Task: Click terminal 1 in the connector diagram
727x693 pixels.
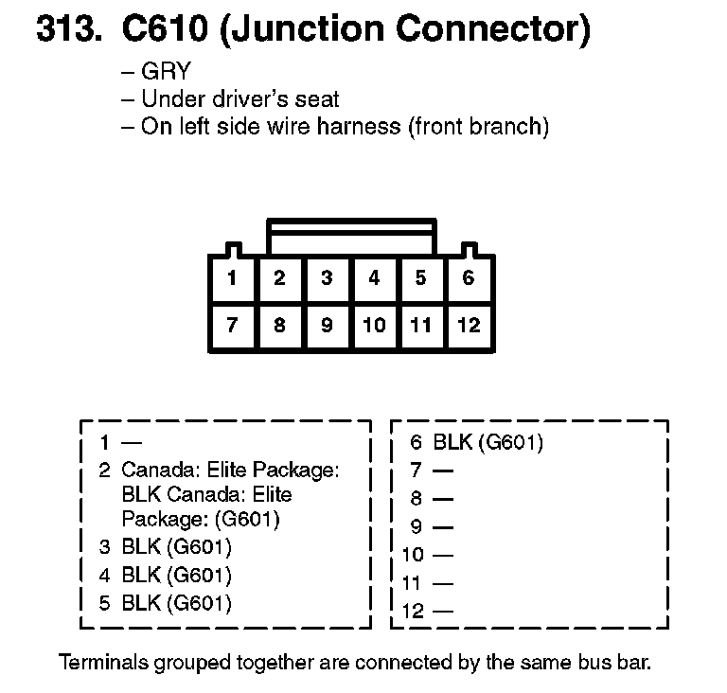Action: pos(232,278)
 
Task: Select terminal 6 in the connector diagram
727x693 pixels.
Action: pos(469,278)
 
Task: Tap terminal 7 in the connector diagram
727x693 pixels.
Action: pos(232,326)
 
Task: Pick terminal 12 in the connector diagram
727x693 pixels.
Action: pos(469,326)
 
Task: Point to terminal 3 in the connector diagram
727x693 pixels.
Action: pos(327,278)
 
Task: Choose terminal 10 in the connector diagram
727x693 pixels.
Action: pos(374,326)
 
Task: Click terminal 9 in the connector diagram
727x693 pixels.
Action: pos(327,326)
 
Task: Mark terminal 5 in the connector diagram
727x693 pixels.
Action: pos(421,278)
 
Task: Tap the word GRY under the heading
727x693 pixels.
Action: pos(166,72)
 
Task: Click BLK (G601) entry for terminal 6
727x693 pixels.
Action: pos(488,441)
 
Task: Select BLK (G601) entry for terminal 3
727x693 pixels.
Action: pos(177,547)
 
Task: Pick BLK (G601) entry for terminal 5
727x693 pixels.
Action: pos(177,602)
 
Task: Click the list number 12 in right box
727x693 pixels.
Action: pos(413,611)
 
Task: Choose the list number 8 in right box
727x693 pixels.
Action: pos(416,498)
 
